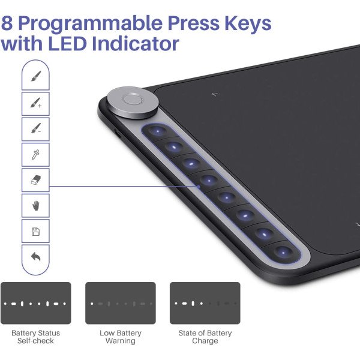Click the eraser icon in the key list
[36, 180]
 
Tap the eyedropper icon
[35, 155]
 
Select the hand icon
[36, 205]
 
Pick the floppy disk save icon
[35, 232]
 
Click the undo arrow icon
[36, 256]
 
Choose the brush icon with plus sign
[36, 103]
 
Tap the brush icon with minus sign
[36, 128]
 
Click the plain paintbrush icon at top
[36, 76]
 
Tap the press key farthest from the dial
[283, 253]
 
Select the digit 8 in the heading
[7, 23]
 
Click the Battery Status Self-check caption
[35, 337]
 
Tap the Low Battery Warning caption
[121, 337]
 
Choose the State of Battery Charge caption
[205, 337]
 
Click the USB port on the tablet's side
[118, 134]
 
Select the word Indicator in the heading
[136, 43]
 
